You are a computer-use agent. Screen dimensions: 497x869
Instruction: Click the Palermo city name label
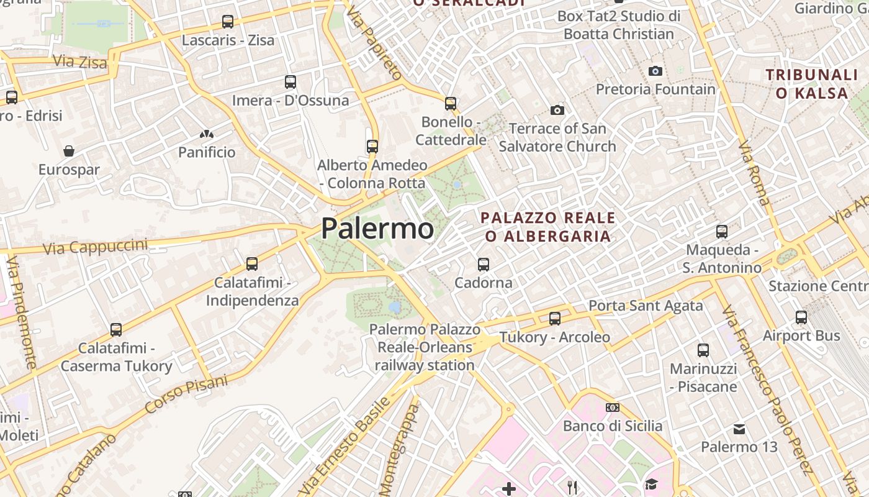click(x=377, y=229)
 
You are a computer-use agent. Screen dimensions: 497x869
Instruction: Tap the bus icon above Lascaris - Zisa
click(x=228, y=22)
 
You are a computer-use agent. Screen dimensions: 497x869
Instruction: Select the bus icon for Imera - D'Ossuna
click(x=290, y=81)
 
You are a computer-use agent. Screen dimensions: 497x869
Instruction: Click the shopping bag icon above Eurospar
click(x=69, y=151)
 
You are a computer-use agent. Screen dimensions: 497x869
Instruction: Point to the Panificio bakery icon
click(x=207, y=134)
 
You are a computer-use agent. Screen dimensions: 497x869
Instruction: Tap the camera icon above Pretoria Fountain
click(x=655, y=71)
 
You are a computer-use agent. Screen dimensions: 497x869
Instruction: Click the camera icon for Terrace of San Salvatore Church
click(x=557, y=110)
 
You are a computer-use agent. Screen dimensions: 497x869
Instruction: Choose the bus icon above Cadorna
click(x=484, y=265)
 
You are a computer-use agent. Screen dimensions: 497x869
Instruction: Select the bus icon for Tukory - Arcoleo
click(x=555, y=318)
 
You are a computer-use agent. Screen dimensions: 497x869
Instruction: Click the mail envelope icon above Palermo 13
click(x=739, y=429)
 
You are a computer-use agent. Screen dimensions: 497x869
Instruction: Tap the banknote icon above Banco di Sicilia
click(x=613, y=408)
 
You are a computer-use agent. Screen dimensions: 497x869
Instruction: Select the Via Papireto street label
click(x=375, y=43)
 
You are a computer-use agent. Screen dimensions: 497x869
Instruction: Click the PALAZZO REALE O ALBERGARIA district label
click(x=548, y=227)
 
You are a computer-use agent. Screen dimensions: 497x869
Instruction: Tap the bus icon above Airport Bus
click(x=801, y=317)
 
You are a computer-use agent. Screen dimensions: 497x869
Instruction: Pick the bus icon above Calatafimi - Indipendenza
click(x=252, y=264)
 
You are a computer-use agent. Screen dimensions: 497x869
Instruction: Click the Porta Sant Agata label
click(x=646, y=305)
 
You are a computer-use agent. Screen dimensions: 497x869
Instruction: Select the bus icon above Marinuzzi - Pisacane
click(x=703, y=350)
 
